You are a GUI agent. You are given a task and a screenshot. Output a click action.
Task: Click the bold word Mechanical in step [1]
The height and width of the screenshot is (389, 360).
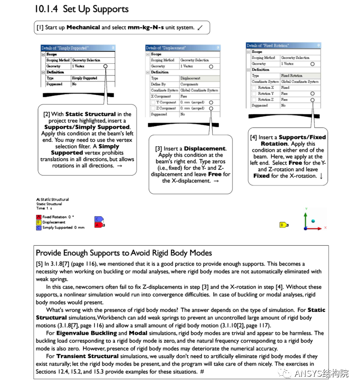pos(83,27)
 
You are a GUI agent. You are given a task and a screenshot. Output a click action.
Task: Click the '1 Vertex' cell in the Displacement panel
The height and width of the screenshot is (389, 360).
pos(187,66)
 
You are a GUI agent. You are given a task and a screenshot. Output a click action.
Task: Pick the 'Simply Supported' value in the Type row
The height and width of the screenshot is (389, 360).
pos(84,78)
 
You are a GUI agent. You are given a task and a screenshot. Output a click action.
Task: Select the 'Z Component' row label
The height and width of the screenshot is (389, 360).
pos(166,108)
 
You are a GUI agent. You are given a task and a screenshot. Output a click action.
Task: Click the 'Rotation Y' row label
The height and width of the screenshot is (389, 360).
pos(266,93)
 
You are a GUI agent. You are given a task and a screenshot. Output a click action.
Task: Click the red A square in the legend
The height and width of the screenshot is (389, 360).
pos(39,217)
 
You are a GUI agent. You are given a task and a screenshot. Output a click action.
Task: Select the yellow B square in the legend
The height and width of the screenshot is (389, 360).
pos(39,222)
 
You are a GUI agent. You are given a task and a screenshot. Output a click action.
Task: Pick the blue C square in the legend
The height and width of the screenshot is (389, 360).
pos(39,228)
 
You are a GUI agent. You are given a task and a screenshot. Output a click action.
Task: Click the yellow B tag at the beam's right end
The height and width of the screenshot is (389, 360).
pos(283,225)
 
